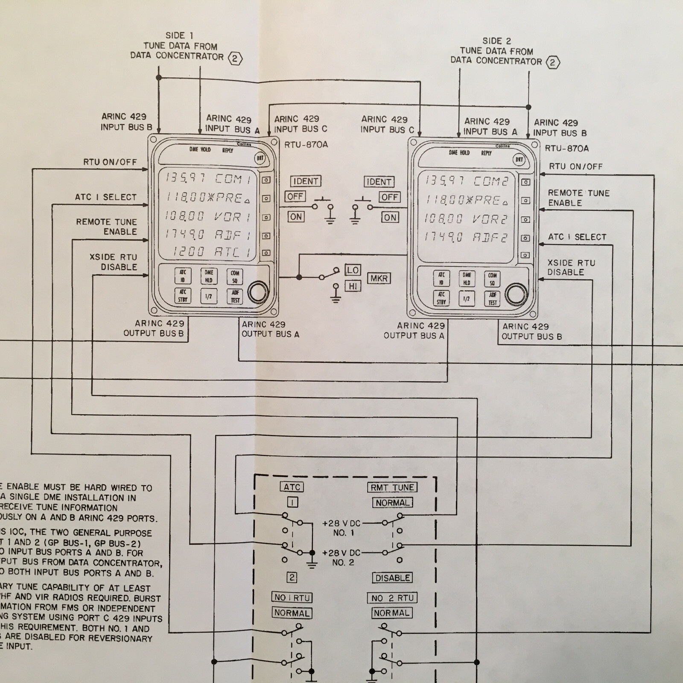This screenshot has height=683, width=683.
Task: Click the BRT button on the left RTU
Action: tap(260, 158)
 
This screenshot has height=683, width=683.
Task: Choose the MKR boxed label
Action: tap(379, 278)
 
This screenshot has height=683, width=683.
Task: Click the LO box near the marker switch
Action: tap(353, 270)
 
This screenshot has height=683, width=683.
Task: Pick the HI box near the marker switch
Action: tap(353, 286)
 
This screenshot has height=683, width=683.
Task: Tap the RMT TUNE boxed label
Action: tap(392, 487)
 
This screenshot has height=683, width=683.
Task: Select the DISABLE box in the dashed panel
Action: tap(392, 578)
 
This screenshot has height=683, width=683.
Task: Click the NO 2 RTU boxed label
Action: tap(392, 598)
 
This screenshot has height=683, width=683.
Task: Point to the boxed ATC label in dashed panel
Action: tap(292, 487)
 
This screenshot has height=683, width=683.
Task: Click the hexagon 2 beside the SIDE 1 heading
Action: tap(235, 58)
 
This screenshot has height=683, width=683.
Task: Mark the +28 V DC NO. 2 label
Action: tap(341, 557)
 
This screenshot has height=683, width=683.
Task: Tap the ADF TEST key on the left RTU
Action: tap(235, 296)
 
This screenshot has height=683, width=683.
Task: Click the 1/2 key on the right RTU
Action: tap(467, 298)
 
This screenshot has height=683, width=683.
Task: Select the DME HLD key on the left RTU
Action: tap(209, 276)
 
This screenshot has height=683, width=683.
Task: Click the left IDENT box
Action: tap(305, 181)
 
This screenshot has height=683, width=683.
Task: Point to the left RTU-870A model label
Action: tap(306, 145)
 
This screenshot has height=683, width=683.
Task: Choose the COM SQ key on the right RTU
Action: tap(492, 279)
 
